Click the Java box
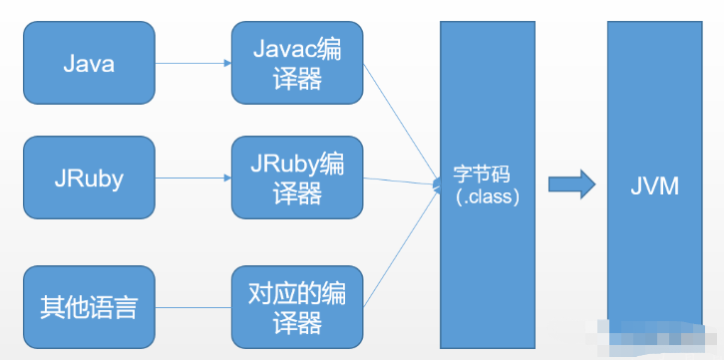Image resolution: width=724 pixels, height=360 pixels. (x=89, y=64)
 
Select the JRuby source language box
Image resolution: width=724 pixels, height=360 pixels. (x=89, y=179)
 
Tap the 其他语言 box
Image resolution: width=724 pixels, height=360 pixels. (x=89, y=305)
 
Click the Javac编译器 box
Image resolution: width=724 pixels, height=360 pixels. (x=296, y=64)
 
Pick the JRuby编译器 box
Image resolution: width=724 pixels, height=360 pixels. (x=296, y=179)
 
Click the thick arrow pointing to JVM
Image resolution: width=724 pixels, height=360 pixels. (x=571, y=183)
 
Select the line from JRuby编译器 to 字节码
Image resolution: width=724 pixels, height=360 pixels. (x=399, y=181)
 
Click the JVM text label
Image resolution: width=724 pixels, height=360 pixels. (x=655, y=184)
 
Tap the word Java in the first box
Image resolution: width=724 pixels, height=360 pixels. (x=89, y=64)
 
